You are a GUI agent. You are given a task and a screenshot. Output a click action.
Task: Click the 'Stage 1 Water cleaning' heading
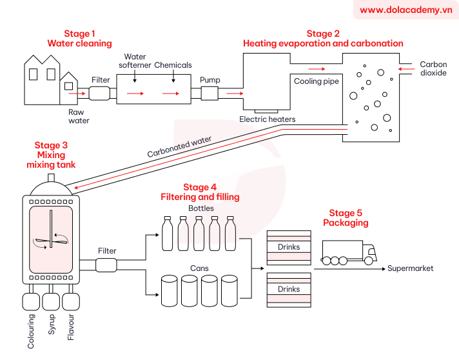pos(79,39)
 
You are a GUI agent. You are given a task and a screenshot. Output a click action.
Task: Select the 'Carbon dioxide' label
pos(433,69)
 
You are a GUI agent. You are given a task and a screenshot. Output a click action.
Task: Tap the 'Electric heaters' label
pos(268,119)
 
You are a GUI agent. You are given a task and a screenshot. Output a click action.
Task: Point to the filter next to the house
pos(100,94)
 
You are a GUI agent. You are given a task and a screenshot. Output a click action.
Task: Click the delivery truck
pos(348,252)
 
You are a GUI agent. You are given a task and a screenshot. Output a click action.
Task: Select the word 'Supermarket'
pos(410,268)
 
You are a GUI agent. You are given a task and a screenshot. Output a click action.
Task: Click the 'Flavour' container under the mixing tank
pos(71,301)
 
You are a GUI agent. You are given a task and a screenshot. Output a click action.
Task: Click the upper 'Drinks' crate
pos(289,247)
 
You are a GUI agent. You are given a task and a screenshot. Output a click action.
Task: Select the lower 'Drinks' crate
pos(289,289)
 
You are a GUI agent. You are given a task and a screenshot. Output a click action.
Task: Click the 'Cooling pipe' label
pos(316,82)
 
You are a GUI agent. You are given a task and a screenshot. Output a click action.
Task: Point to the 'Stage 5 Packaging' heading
pos(346,218)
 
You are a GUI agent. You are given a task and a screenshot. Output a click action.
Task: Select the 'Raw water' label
pos(79,116)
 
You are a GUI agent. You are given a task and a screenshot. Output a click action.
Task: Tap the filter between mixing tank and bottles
pos(106,265)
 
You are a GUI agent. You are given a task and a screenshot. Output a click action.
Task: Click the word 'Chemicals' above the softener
pos(173,65)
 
